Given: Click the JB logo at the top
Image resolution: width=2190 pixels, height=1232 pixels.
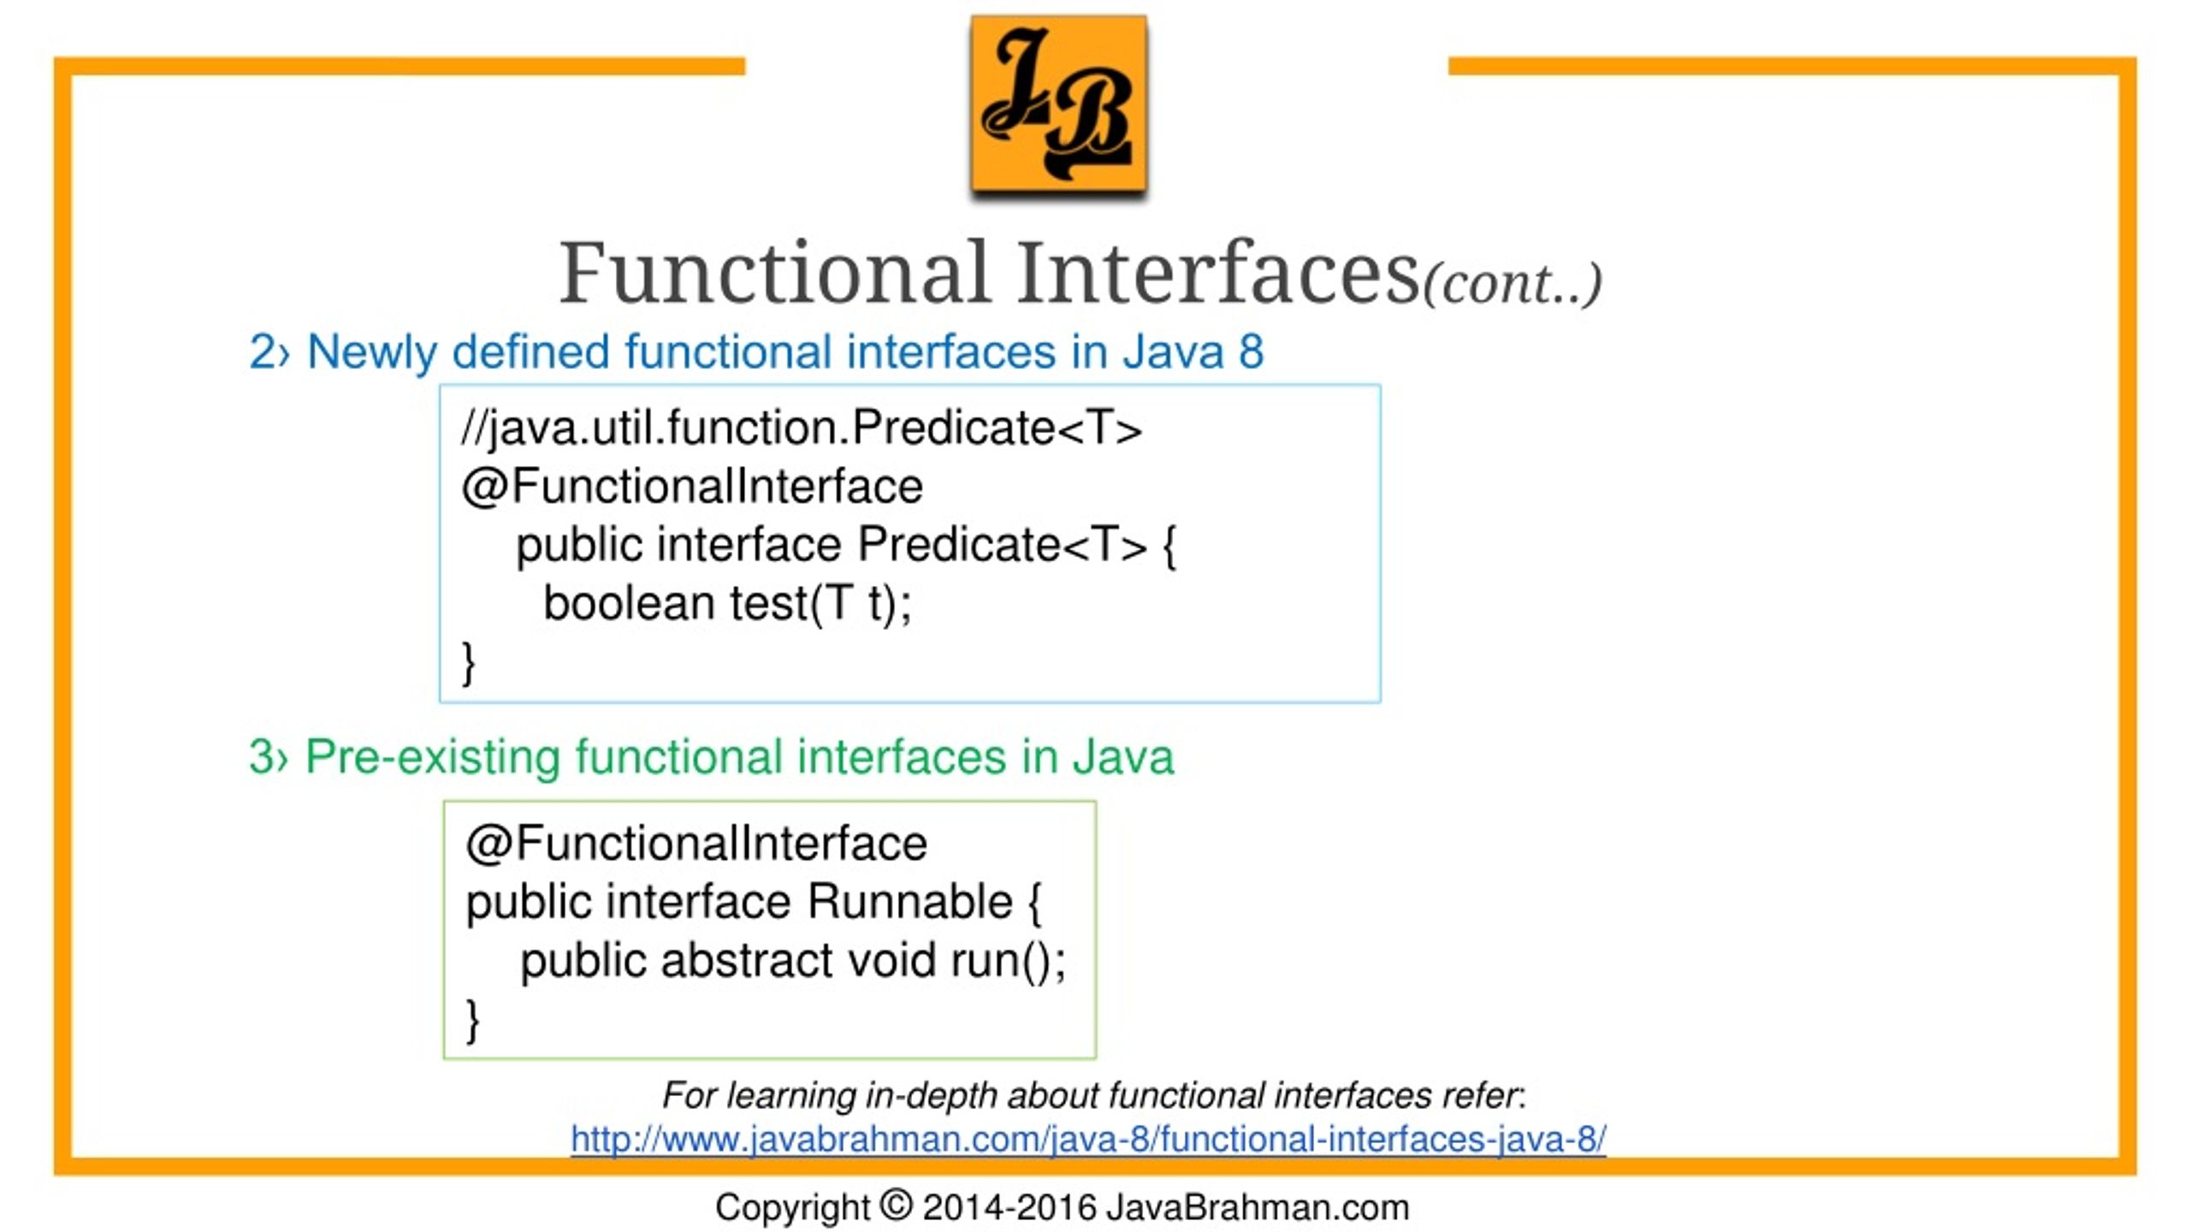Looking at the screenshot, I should (1058, 104).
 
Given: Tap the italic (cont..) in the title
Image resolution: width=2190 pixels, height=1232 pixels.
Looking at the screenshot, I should (1512, 284).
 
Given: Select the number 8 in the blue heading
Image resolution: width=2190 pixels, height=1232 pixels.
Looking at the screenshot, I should (1251, 352).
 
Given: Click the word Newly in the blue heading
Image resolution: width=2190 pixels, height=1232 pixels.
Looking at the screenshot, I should (370, 352).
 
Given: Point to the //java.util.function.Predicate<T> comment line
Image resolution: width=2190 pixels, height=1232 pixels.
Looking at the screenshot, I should (801, 428).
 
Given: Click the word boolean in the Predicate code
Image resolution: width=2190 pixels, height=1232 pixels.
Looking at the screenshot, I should (629, 603).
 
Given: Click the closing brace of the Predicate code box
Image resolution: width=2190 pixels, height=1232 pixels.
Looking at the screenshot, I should (468, 662).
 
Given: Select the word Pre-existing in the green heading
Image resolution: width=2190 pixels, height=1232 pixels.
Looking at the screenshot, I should (432, 757).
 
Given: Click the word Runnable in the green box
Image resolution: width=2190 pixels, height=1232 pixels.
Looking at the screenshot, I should (909, 902).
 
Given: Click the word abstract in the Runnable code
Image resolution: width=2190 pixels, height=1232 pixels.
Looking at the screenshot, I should (745, 960).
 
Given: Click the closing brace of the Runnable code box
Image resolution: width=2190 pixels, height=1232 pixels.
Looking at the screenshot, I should (471, 1019).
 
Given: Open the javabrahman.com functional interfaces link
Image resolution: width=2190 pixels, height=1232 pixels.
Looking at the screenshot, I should (1088, 1140).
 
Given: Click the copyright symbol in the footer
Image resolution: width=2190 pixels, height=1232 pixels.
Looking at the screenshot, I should (896, 1206).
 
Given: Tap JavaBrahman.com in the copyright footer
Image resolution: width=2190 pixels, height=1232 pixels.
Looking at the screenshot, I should (1258, 1208).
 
